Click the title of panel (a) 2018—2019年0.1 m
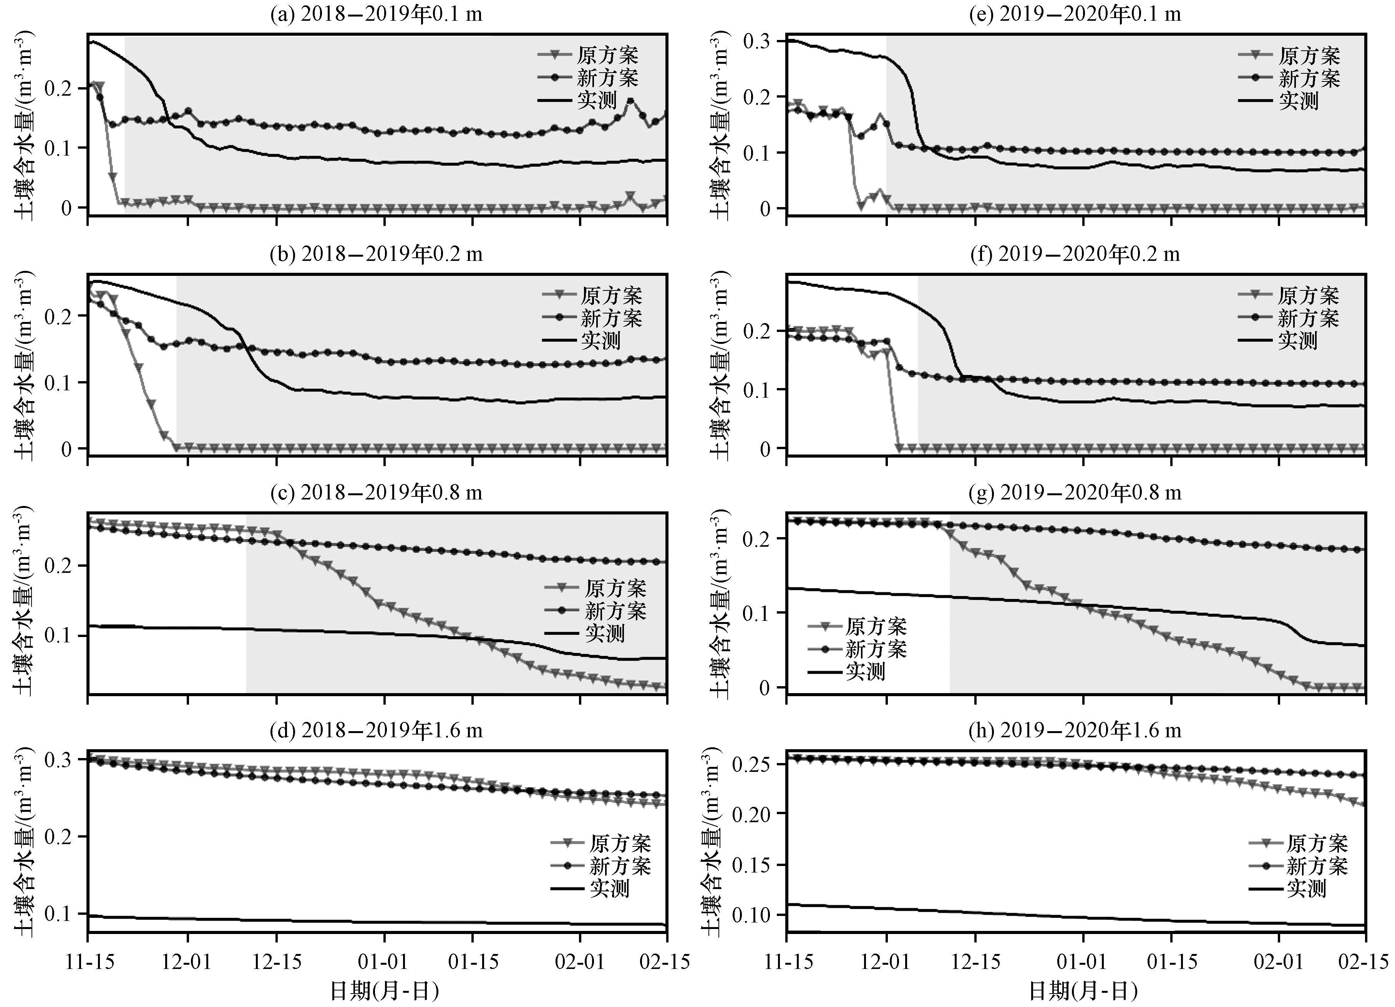(x=377, y=13)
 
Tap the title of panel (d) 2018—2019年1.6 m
(x=377, y=730)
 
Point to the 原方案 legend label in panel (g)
(x=876, y=627)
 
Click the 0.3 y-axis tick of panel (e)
(x=758, y=42)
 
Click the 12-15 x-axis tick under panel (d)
(x=276, y=962)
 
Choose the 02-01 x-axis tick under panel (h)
(x=1279, y=962)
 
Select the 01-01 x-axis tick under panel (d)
(x=385, y=962)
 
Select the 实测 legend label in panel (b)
(x=601, y=340)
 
